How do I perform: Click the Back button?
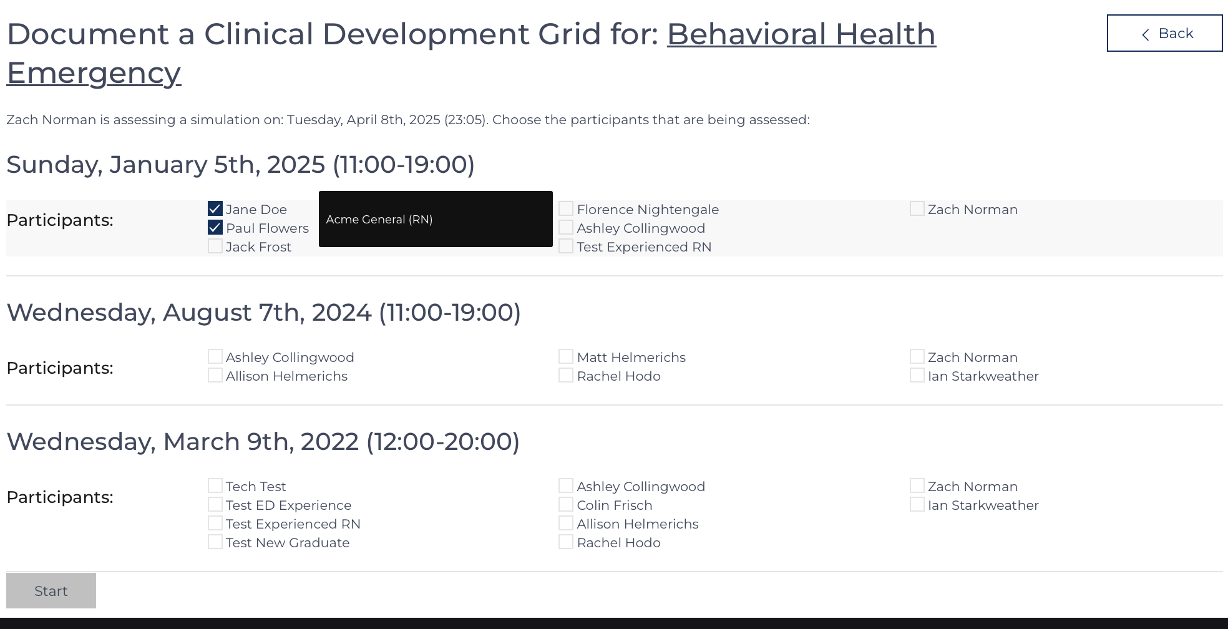[1164, 33]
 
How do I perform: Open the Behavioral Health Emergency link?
[471, 53]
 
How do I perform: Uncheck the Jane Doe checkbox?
[215, 209]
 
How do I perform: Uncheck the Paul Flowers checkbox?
[215, 228]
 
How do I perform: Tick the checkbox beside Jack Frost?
[215, 246]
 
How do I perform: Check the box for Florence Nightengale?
[566, 208]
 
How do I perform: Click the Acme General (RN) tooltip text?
[379, 220]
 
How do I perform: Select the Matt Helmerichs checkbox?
[566, 356]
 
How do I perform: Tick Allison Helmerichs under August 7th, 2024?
[215, 375]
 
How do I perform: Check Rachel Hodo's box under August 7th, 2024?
[566, 375]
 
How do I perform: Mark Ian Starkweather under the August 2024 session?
[917, 375]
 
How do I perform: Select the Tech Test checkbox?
[215, 485]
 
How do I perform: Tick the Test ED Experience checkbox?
[215, 504]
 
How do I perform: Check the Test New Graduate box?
[215, 542]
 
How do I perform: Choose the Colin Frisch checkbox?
[566, 504]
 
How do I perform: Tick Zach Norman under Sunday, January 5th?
[917, 208]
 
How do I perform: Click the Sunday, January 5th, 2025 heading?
[241, 165]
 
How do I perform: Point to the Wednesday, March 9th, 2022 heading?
[263, 442]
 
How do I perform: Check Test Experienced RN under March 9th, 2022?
[215, 523]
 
